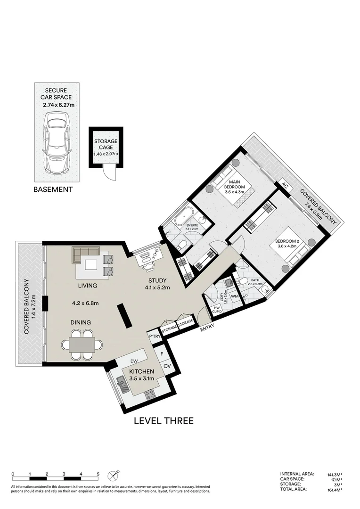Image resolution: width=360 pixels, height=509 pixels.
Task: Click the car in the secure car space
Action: [x=56, y=144]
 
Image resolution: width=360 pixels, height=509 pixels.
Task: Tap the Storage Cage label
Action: [x=106, y=147]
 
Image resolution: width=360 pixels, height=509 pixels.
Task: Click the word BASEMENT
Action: [x=53, y=189]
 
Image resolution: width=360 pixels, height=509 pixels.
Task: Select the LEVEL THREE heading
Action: [x=164, y=421]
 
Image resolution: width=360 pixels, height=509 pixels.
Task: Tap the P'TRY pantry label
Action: [x=154, y=336]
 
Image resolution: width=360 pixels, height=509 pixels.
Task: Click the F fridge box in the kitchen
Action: [x=162, y=353]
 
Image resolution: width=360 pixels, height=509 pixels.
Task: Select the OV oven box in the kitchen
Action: [x=166, y=366]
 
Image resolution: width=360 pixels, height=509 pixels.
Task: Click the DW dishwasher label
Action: [x=133, y=361]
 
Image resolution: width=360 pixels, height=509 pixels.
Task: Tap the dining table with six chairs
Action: [x=82, y=345]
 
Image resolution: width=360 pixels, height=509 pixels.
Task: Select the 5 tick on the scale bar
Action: [x=98, y=474]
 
